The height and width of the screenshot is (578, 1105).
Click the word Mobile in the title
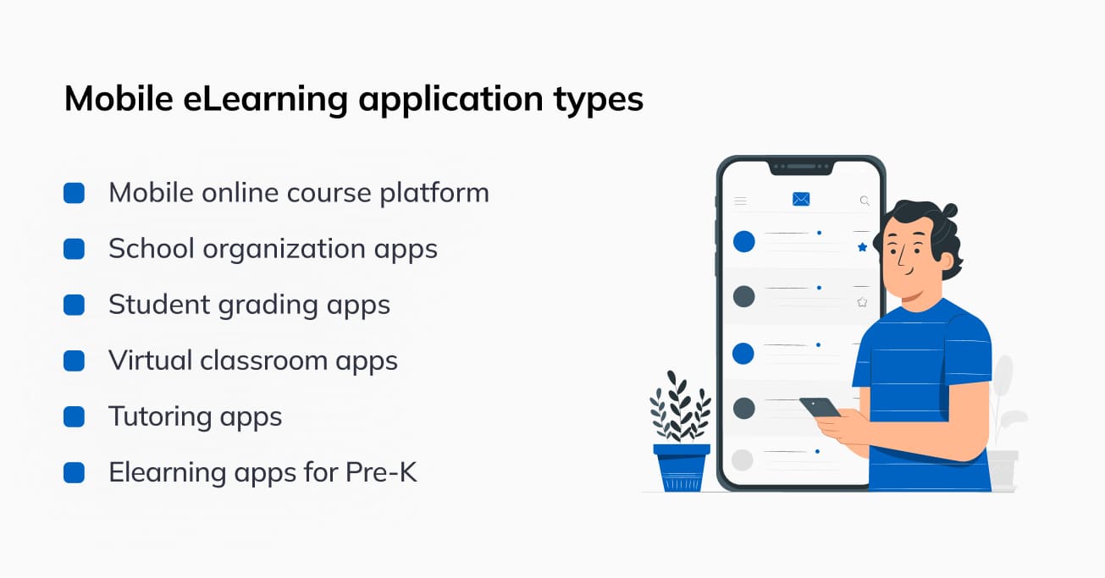coord(119,98)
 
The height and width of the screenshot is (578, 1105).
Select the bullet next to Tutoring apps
coord(74,416)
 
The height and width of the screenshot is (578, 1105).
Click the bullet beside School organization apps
coord(74,249)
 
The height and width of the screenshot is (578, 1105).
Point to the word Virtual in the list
coord(151,360)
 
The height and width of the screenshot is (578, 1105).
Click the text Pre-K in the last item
coord(381,472)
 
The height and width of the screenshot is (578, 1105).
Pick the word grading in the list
coord(268,306)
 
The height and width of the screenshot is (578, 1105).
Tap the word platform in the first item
coord(434,193)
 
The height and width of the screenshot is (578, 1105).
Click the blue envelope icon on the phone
coord(801,199)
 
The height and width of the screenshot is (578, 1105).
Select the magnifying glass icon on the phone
coord(865,201)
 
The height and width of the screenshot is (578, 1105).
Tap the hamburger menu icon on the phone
coord(740,201)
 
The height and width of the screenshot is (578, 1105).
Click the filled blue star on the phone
coord(862,247)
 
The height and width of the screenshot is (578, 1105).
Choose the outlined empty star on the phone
coord(862,302)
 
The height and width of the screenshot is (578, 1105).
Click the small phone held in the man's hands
coord(820,407)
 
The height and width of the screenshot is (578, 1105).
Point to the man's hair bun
coord(948,211)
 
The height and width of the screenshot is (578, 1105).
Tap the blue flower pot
coord(682,467)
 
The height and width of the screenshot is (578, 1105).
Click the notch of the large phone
coord(801,168)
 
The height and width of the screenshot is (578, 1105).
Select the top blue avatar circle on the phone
coord(744,242)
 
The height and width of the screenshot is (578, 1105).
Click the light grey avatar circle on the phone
coord(743,460)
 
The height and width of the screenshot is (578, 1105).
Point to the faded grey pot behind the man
coord(1003,470)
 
